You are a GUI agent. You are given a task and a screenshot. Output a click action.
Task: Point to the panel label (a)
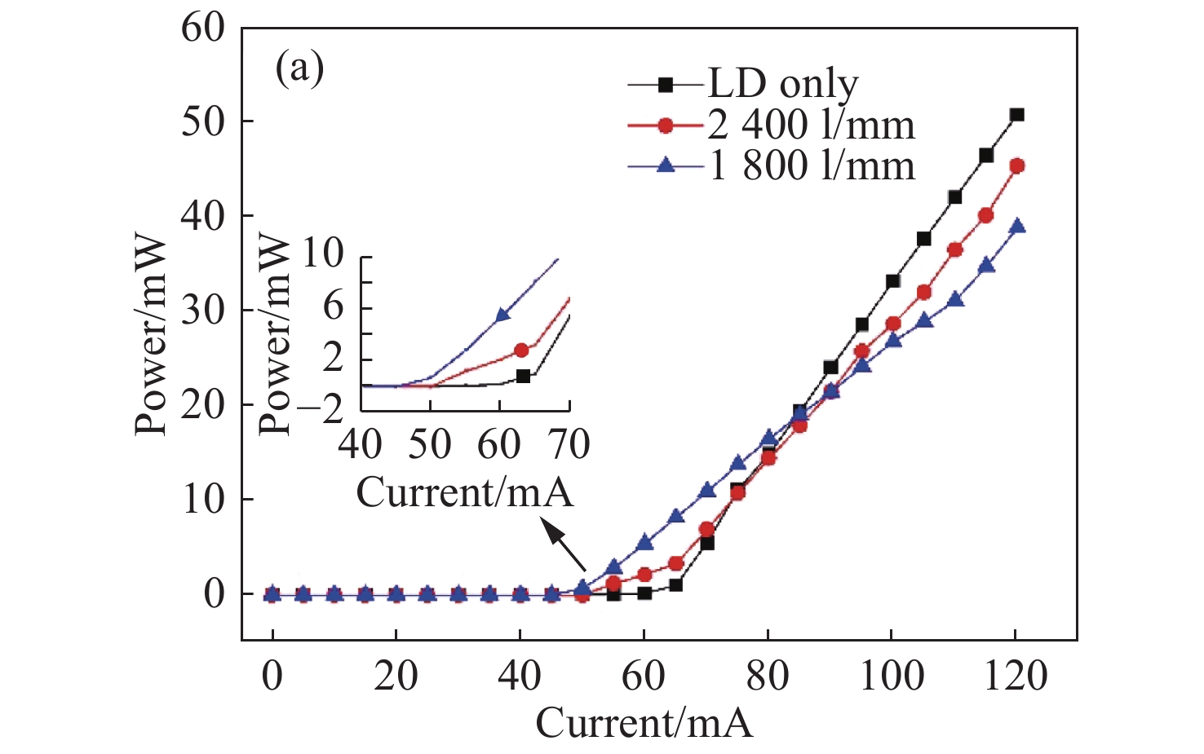[x=299, y=69]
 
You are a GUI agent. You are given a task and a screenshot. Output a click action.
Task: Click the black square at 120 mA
[x=1016, y=115]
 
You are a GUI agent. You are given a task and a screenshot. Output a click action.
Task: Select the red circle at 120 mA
[x=1017, y=165]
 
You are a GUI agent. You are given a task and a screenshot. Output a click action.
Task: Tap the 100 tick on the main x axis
[x=892, y=677]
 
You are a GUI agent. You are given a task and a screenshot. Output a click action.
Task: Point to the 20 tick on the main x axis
[x=396, y=677]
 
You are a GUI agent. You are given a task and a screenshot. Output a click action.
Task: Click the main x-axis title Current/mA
[x=644, y=723]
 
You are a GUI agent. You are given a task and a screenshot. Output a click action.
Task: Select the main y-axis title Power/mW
[x=152, y=336]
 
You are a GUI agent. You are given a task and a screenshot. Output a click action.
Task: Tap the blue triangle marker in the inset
[x=503, y=315]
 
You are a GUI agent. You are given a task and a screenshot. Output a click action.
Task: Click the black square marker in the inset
[x=523, y=377]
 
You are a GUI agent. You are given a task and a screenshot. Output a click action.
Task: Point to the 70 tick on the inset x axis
[x=569, y=445]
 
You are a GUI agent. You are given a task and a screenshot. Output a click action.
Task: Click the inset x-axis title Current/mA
[x=465, y=493]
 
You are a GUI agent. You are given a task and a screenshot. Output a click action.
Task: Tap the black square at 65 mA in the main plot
[x=675, y=584]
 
